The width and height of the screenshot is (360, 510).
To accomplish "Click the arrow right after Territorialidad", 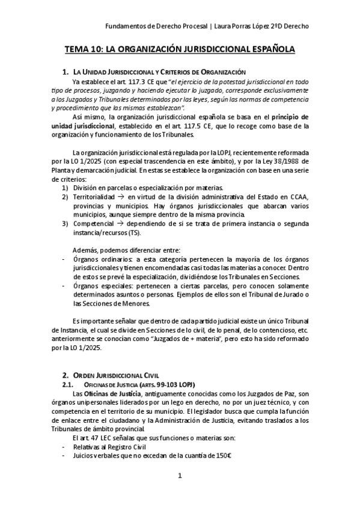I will pyautogui.click(x=120, y=197).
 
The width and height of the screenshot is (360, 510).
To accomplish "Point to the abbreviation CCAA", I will pyautogui.click(x=297, y=197).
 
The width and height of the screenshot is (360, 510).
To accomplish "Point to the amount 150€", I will pyautogui.click(x=222, y=455).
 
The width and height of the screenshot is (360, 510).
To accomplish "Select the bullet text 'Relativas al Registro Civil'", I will pyautogui.click(x=111, y=446).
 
